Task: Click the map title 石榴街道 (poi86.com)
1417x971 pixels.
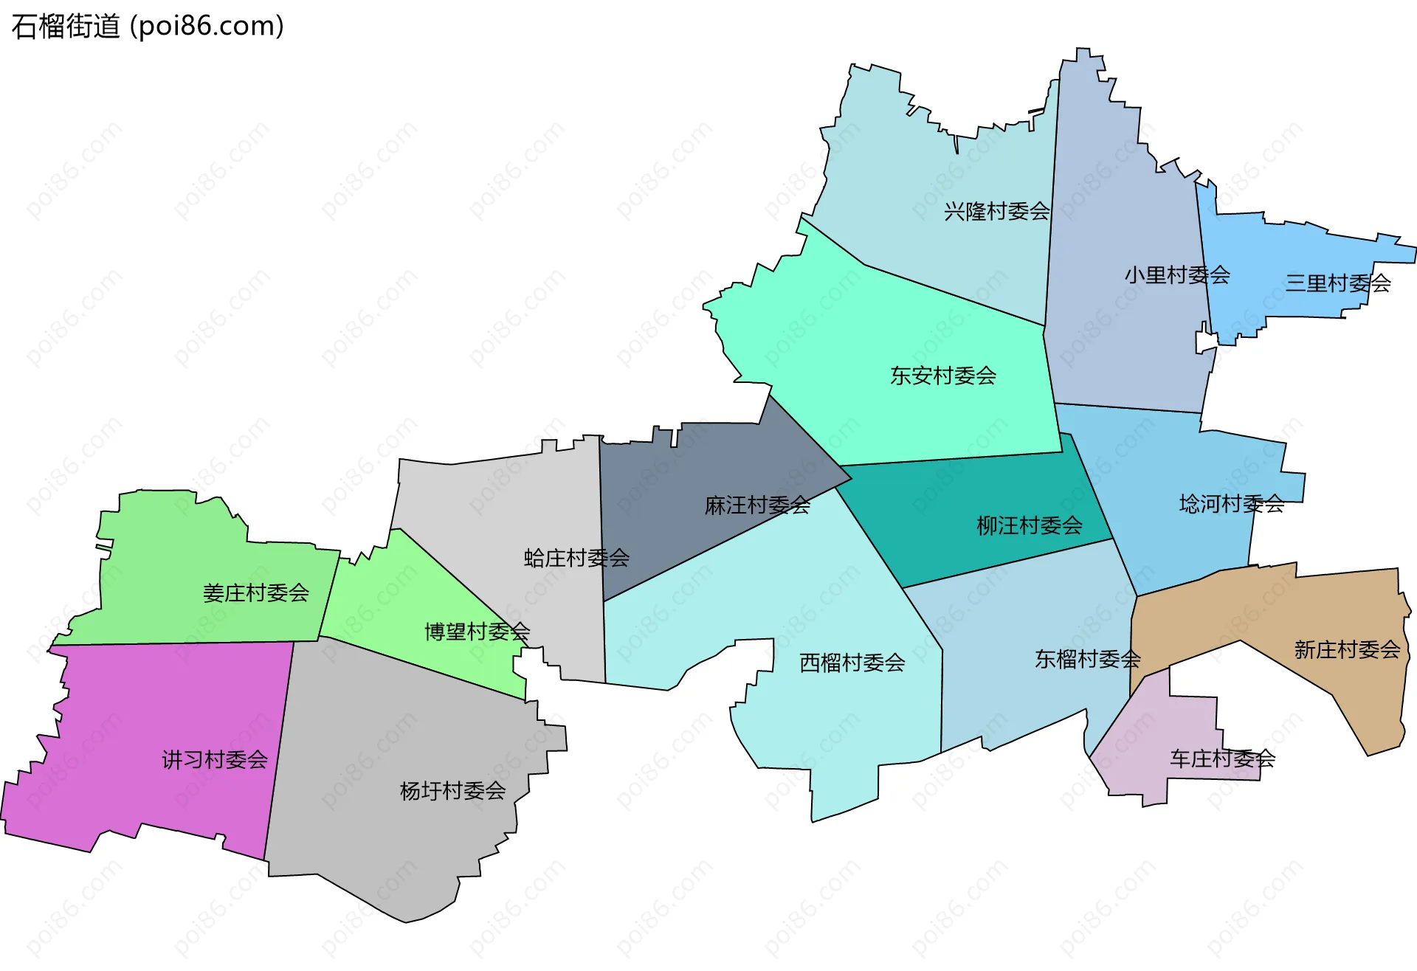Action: click(148, 27)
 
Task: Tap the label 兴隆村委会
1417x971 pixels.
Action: click(996, 212)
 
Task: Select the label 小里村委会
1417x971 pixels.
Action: click(1177, 275)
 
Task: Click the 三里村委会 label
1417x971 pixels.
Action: click(1338, 283)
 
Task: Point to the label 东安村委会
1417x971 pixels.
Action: click(943, 376)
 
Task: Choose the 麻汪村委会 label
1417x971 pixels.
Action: click(757, 505)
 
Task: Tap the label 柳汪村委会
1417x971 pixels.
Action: click(1030, 526)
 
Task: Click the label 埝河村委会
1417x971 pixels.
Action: click(1232, 504)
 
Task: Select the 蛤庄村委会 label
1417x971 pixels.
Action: click(576, 559)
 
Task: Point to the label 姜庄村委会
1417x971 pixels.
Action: click(255, 593)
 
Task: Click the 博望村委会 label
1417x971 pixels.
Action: click(477, 632)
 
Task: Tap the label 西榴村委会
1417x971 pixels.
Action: click(852, 663)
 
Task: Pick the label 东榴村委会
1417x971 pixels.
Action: click(1088, 659)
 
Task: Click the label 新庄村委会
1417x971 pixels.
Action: click(1347, 650)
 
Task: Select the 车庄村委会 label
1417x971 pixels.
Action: click(1222, 759)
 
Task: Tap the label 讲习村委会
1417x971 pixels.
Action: click(215, 760)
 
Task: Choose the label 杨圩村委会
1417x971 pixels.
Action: click(452, 791)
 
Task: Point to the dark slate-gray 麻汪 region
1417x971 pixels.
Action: click(664, 516)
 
